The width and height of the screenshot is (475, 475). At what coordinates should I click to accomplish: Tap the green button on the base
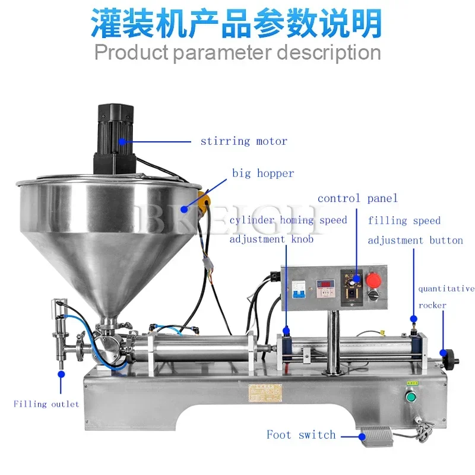click(x=409, y=398)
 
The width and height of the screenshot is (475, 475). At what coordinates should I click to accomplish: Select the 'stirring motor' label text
click(x=243, y=141)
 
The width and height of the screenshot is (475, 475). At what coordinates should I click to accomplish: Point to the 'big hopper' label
click(x=263, y=173)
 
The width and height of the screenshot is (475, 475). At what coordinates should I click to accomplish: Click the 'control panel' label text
click(x=357, y=198)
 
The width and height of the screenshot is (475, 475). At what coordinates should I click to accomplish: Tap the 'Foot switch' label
click(x=301, y=435)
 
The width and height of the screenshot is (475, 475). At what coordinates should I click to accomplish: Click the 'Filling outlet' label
click(x=46, y=404)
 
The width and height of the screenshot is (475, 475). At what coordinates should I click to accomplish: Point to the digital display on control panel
click(x=326, y=286)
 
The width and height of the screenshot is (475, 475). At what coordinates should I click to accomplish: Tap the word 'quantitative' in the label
click(x=446, y=289)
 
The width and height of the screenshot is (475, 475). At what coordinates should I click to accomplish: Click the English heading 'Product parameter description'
click(x=237, y=52)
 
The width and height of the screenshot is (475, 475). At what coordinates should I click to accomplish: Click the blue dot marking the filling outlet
click(x=61, y=374)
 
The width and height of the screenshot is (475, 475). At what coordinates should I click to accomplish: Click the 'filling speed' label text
click(x=404, y=221)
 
